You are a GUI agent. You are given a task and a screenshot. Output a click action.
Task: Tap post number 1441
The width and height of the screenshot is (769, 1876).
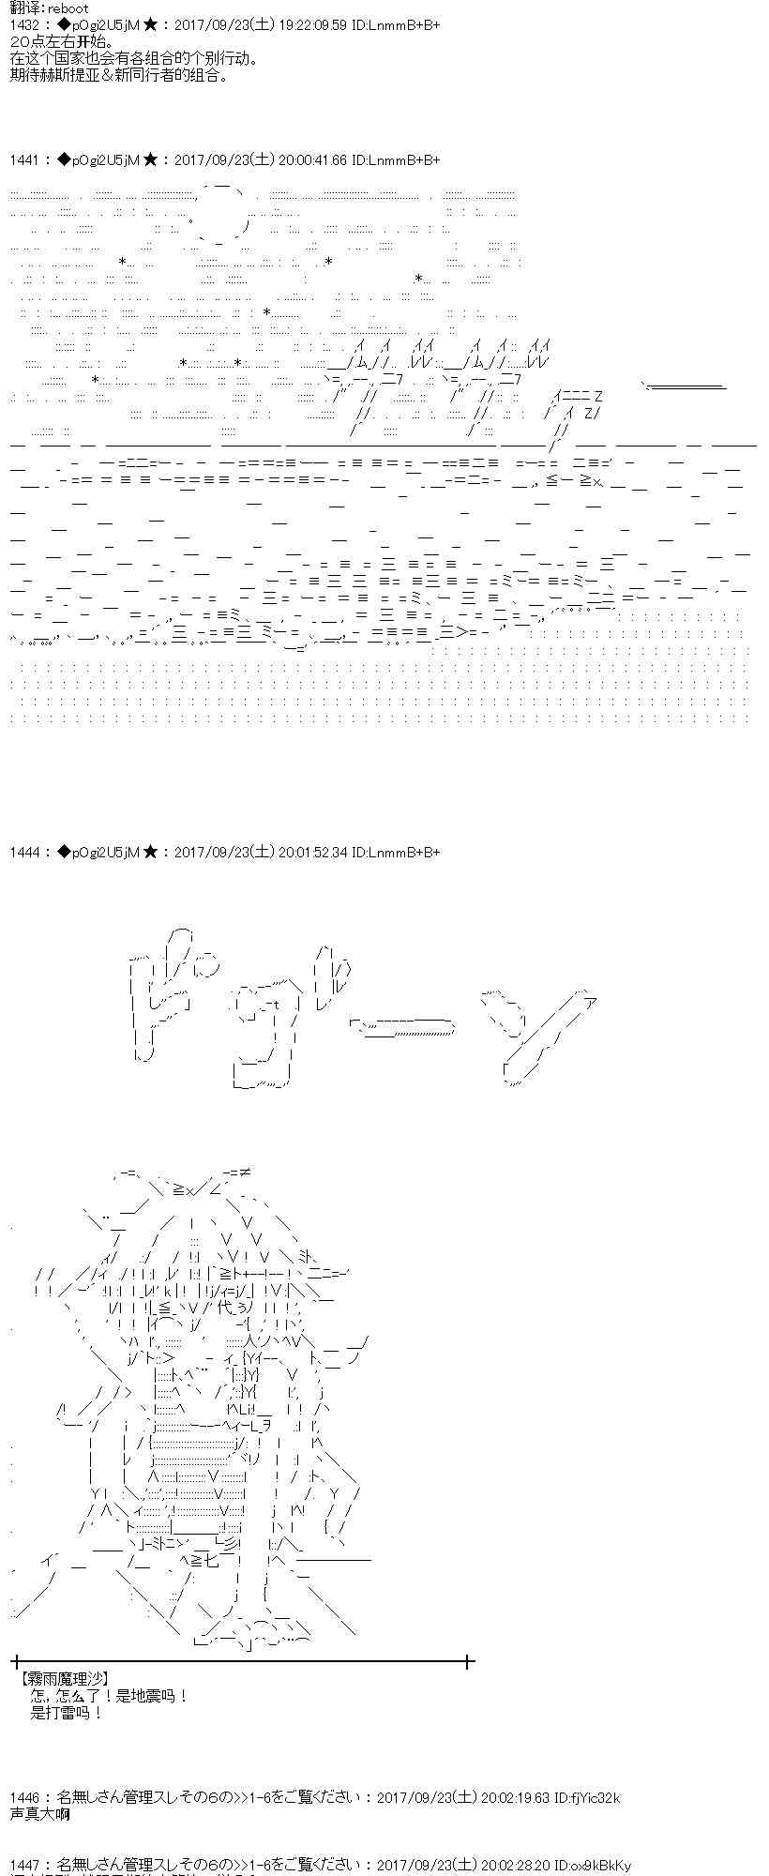click(x=25, y=160)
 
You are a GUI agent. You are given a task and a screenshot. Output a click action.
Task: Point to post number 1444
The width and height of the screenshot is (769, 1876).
click(x=25, y=852)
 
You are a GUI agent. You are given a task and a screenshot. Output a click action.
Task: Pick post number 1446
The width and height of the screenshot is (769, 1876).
click(x=25, y=1797)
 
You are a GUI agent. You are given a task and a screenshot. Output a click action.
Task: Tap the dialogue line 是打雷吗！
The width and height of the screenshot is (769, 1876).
click(x=67, y=1713)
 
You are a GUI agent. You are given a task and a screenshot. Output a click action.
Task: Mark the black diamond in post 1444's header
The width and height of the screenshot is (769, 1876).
click(x=63, y=852)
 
